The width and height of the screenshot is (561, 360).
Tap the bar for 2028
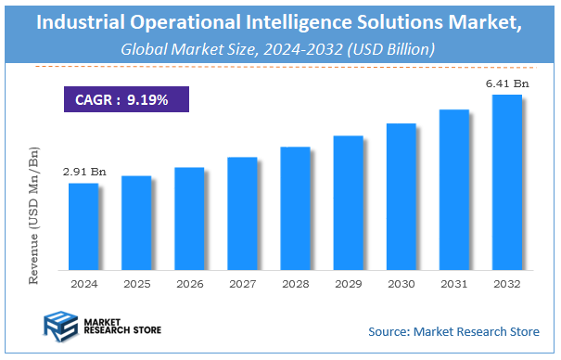coord(295,208)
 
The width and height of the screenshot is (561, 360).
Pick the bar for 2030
coord(401,196)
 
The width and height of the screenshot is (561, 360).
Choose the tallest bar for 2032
coord(507,182)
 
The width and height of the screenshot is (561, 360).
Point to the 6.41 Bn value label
coord(505,84)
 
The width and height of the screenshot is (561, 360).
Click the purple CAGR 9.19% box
coord(121,99)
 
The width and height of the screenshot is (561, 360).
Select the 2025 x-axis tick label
coord(136,284)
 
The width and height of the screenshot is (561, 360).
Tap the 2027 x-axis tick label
coord(242,284)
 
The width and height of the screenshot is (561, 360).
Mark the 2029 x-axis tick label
coord(348,284)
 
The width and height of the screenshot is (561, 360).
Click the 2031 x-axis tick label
coord(454,284)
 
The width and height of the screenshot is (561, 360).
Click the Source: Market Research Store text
coord(455,331)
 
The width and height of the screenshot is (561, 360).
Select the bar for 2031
coord(454,189)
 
